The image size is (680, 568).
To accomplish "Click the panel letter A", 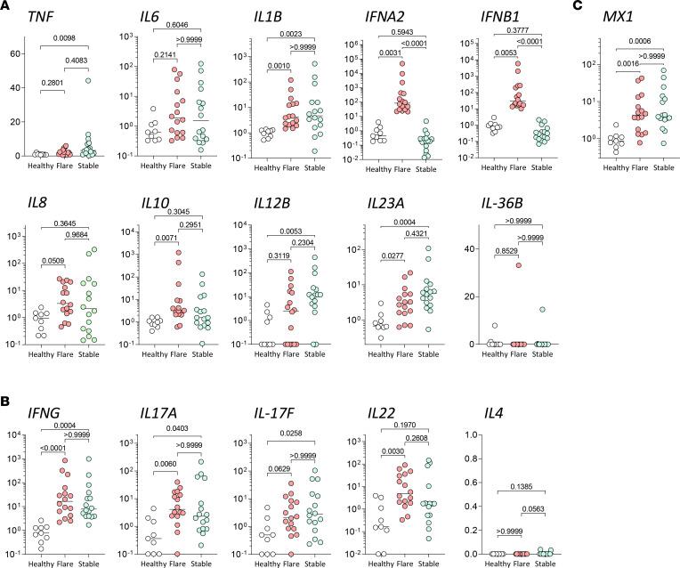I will point(6,6).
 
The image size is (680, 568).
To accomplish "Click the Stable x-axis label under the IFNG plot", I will point(90,562).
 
